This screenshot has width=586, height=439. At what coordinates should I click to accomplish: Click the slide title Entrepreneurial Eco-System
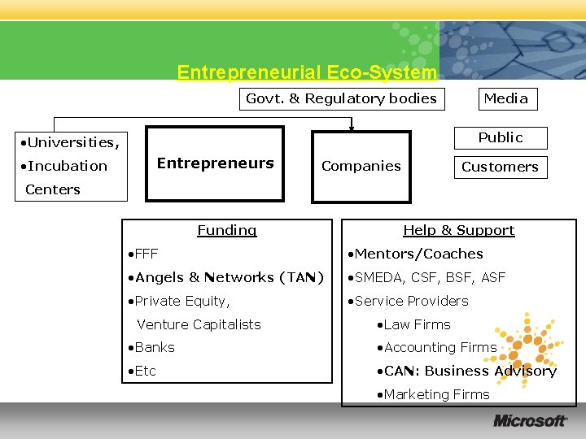(307, 72)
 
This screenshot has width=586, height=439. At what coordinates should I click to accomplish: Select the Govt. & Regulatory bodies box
(341, 99)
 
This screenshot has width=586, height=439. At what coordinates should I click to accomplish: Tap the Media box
(505, 99)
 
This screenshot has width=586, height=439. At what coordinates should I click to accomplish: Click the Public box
(500, 137)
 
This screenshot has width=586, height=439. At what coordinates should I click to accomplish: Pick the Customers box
(500, 167)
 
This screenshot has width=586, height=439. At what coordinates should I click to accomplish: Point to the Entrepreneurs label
(215, 163)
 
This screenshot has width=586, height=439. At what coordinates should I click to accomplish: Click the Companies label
(361, 166)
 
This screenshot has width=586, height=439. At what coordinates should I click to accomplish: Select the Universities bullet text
(72, 143)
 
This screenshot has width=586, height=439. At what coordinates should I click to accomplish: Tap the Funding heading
(226, 230)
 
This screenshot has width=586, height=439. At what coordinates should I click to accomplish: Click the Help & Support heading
(459, 230)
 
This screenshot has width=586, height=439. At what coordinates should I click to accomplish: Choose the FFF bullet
(144, 254)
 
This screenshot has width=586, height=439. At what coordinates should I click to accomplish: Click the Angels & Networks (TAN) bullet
(225, 277)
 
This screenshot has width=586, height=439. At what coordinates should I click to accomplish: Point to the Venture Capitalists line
(199, 324)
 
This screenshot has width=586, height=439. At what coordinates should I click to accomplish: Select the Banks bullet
(152, 347)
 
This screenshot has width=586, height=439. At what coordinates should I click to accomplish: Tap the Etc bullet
(143, 371)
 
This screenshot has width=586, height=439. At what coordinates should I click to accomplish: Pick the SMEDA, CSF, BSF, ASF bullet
(426, 277)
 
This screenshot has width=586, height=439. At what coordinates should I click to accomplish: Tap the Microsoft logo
(530, 420)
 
